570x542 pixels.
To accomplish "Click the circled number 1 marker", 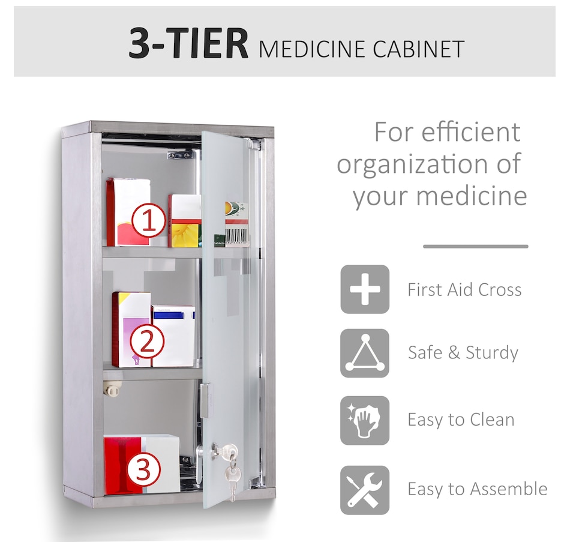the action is (149, 221).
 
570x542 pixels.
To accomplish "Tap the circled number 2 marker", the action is (147, 341).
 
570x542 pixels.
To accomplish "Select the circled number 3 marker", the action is (143, 469).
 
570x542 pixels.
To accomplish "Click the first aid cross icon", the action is (365, 289).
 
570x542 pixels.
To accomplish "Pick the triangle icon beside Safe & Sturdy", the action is (365, 353).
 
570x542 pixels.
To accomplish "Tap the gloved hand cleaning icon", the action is (365, 420).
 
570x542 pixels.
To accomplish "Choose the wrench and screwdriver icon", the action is (365, 490).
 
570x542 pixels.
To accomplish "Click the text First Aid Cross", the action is (464, 290).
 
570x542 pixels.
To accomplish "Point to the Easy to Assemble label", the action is (478, 489).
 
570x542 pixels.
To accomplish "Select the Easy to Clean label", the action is (461, 420).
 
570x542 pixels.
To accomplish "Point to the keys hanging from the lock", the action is (229, 469).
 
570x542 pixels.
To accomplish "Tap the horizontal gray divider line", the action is (475, 247).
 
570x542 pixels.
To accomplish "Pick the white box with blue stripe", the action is (173, 336).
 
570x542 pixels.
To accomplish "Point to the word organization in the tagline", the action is (412, 164).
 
